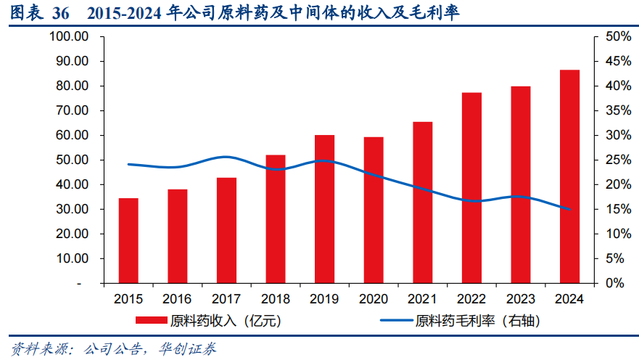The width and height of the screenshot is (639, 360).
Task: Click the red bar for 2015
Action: pos(128,240)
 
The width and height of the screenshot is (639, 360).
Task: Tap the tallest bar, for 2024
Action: pos(569,176)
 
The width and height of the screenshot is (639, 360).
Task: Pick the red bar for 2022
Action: pos(471,187)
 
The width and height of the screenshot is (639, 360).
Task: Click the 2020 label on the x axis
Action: pos(374,298)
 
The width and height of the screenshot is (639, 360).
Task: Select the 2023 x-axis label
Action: pos(521,298)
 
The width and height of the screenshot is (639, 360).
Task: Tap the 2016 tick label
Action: pos(178,298)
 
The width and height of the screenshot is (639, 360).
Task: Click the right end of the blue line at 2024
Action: pos(569,209)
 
